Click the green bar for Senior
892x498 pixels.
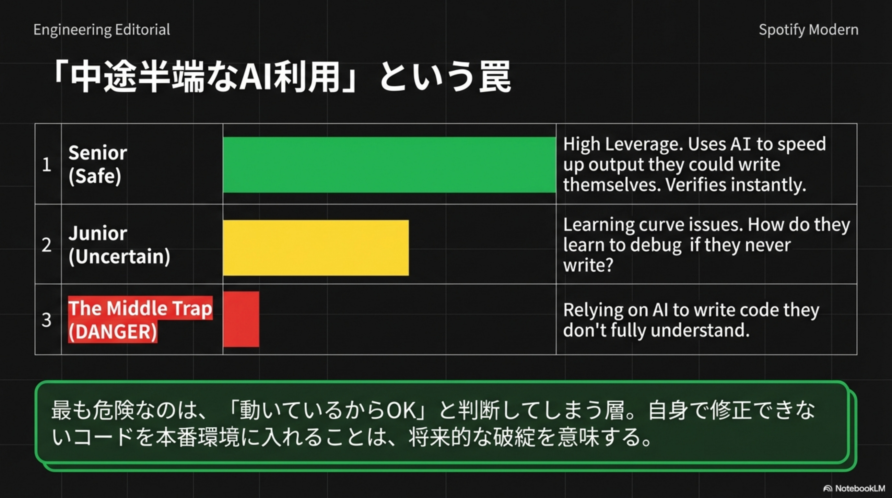pos(390,164)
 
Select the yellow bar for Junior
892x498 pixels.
pos(316,248)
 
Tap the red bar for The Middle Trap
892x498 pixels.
pos(241,319)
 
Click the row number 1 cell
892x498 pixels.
pos(48,164)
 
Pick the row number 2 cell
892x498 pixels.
pos(48,244)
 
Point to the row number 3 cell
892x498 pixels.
pos(48,319)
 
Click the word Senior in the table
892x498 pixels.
pos(98,153)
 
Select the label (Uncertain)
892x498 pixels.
pos(120,256)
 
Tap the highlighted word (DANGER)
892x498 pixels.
pos(112,331)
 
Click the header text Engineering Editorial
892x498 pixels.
pos(102,30)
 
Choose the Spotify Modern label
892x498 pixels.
pos(809,30)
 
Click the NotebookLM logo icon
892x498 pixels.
pos(827,488)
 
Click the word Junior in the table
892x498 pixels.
pos(98,233)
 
